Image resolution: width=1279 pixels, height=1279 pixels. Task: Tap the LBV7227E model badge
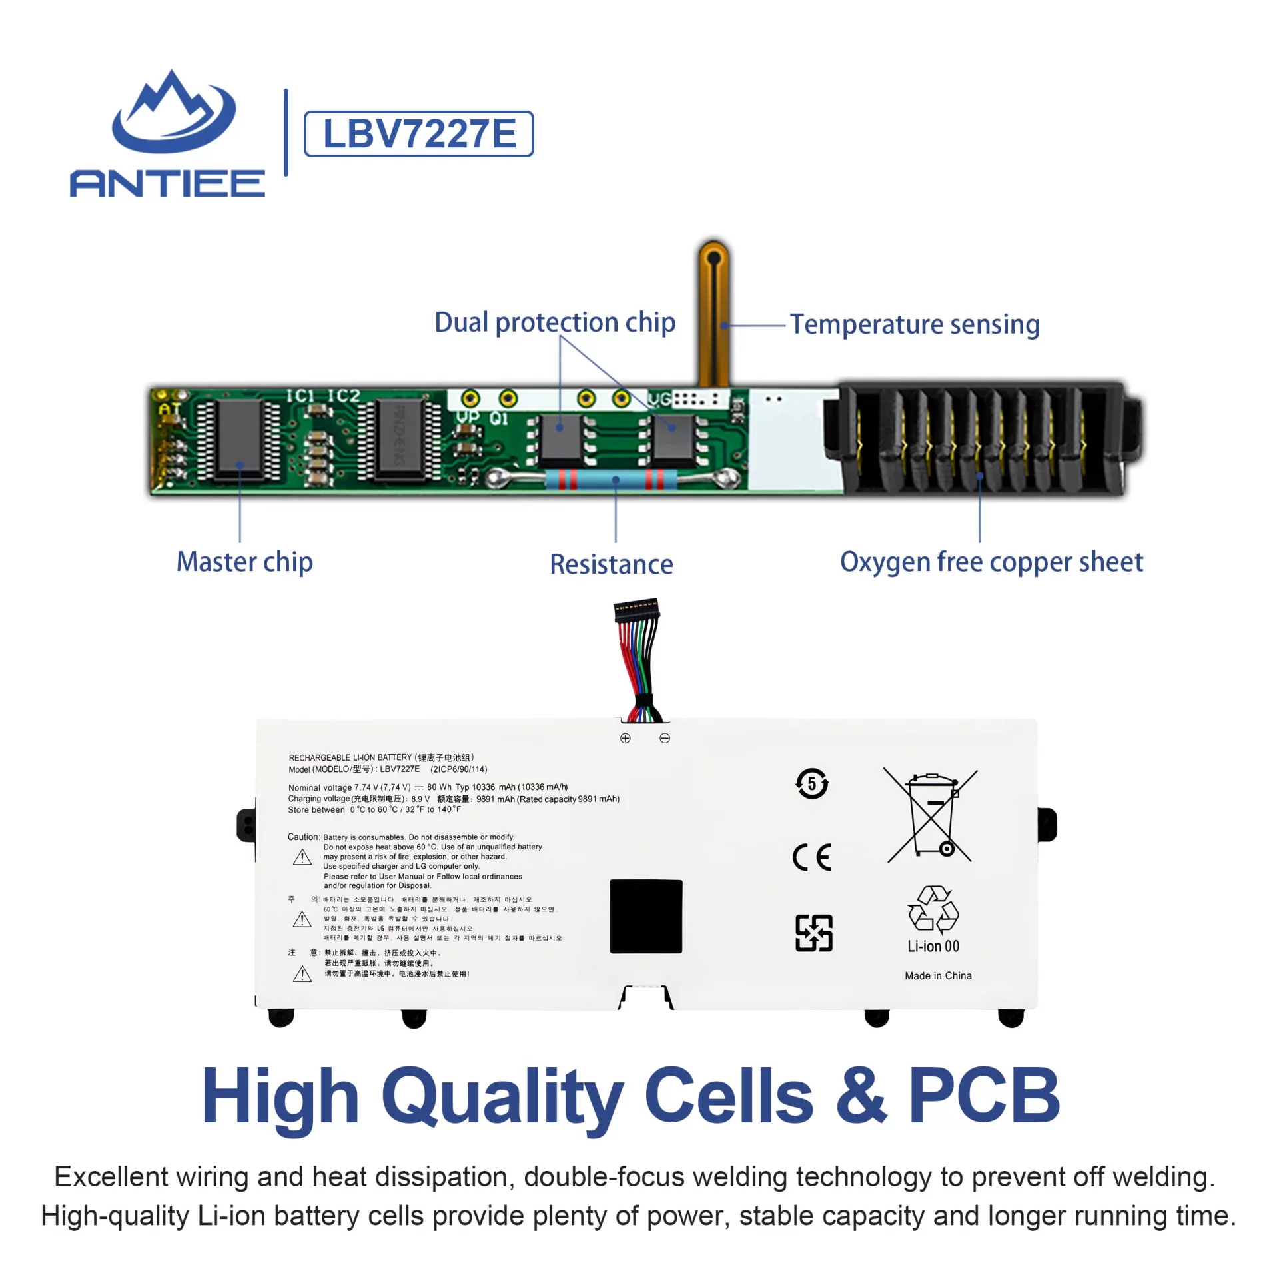[418, 134]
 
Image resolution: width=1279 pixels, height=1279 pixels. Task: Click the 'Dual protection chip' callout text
[554, 322]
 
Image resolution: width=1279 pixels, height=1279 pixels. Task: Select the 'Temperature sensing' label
[914, 324]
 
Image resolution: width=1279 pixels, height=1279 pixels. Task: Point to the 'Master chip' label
[244, 562]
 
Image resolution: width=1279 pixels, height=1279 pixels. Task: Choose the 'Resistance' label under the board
[611, 564]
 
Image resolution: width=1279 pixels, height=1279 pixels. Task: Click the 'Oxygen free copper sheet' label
[991, 562]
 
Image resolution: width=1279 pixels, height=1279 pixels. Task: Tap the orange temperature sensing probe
[713, 313]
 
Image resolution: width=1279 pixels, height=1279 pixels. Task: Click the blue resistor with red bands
[611, 479]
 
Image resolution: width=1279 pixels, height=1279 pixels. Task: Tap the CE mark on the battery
[811, 857]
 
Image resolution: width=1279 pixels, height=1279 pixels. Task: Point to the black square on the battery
[645, 916]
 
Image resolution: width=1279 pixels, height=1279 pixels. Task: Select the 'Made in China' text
[937, 975]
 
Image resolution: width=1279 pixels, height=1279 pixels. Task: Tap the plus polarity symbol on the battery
[625, 738]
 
